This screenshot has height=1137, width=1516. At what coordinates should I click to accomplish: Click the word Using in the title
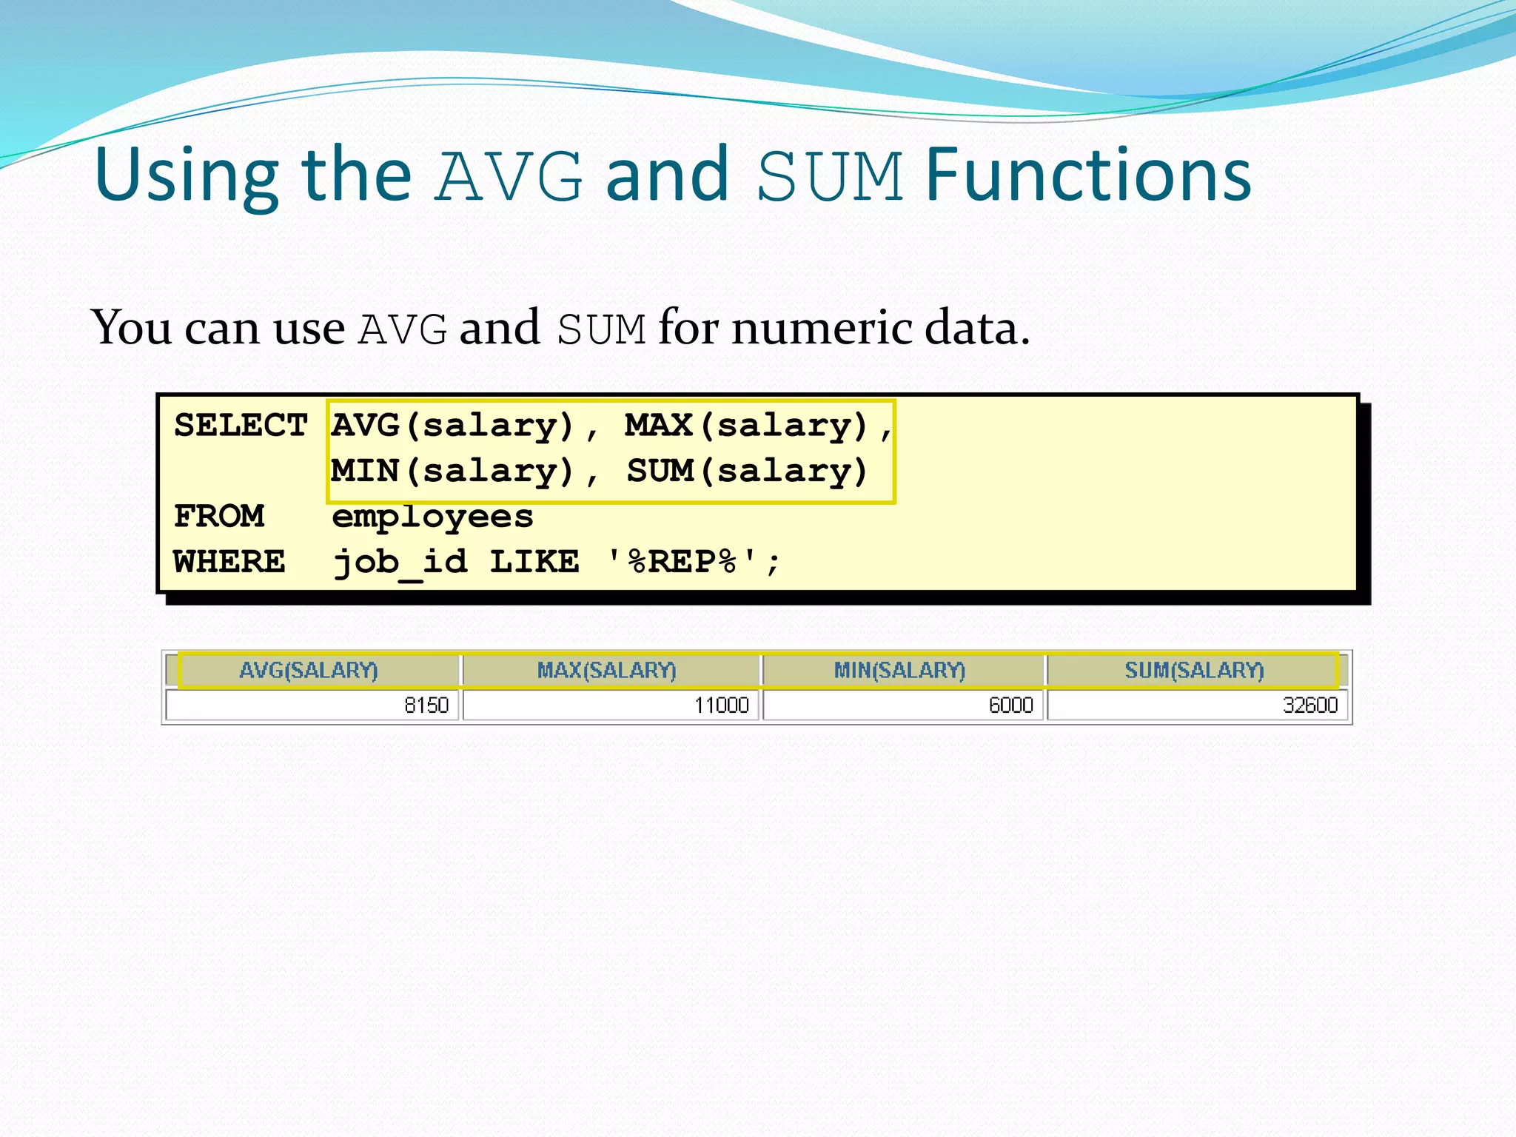(187, 176)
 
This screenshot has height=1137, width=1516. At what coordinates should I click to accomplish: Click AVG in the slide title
(509, 176)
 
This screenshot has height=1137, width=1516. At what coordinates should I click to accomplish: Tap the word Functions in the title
(1088, 176)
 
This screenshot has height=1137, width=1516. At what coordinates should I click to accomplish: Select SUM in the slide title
(830, 176)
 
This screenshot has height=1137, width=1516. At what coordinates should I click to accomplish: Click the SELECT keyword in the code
(241, 426)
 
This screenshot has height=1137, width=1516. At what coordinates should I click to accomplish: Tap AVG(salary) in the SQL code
(452, 426)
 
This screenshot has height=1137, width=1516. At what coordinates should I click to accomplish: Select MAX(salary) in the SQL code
(746, 426)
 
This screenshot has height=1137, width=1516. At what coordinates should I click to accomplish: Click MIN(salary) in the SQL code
(452, 472)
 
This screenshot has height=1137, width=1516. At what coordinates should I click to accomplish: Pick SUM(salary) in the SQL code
(747, 472)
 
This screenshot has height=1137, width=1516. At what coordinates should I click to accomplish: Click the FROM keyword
(219, 517)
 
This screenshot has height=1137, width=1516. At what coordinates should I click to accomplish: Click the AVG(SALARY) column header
(309, 671)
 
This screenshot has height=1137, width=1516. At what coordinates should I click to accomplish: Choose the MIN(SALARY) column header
(899, 671)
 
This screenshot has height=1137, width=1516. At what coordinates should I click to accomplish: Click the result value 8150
(426, 705)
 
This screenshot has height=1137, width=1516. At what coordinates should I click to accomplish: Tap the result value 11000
(721, 705)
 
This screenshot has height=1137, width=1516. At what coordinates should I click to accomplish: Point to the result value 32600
(1309, 705)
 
